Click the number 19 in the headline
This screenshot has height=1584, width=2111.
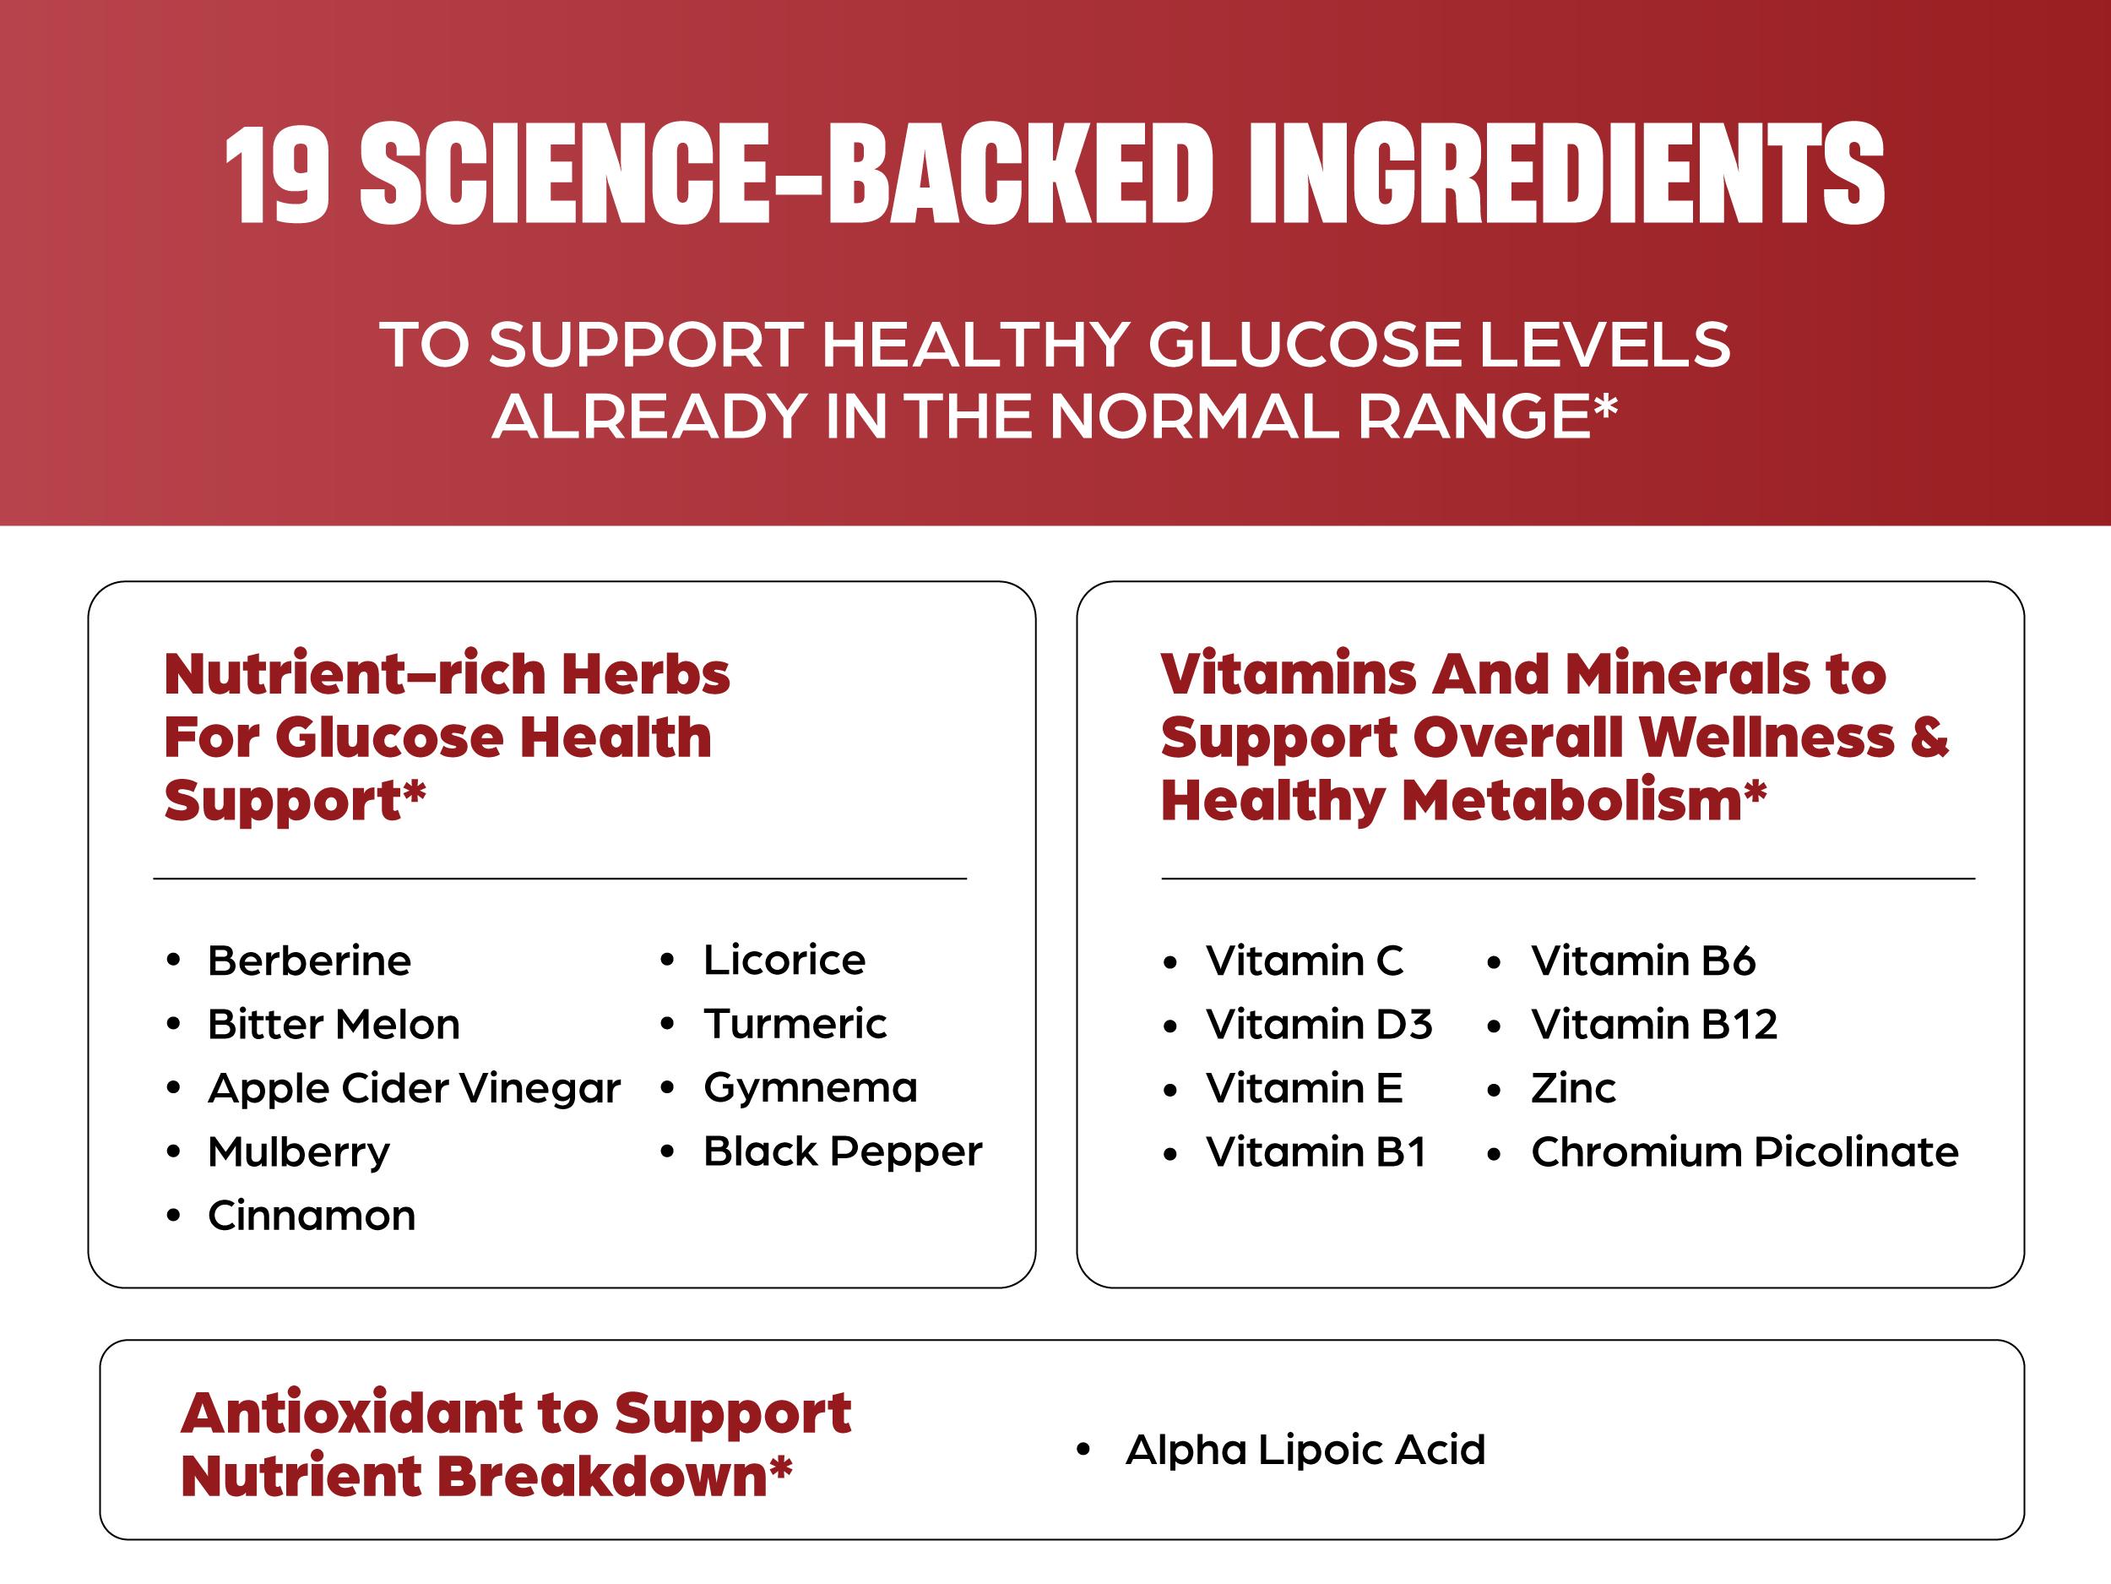[278, 175]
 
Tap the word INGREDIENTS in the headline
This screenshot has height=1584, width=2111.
[1566, 175]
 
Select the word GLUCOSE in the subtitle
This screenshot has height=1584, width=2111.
[1302, 345]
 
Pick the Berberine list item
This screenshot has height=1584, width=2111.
[309, 961]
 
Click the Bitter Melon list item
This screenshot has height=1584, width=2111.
[333, 1025]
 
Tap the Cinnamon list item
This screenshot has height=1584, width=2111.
[311, 1216]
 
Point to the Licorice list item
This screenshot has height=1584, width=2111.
[784, 960]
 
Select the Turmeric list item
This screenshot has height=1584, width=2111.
[794, 1024]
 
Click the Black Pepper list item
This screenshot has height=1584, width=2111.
[842, 1151]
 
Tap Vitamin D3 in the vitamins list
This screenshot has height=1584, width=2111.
[1318, 1025]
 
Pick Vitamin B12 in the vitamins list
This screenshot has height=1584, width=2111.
[1654, 1025]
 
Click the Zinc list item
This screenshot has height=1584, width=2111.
[1573, 1088]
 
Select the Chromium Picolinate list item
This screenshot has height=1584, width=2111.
[1744, 1152]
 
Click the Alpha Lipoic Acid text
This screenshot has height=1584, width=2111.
[1305, 1450]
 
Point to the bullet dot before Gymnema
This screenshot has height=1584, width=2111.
[667, 1088]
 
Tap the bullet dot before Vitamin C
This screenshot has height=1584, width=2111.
[1170, 961]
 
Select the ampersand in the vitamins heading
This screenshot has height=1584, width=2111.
[1929, 738]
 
